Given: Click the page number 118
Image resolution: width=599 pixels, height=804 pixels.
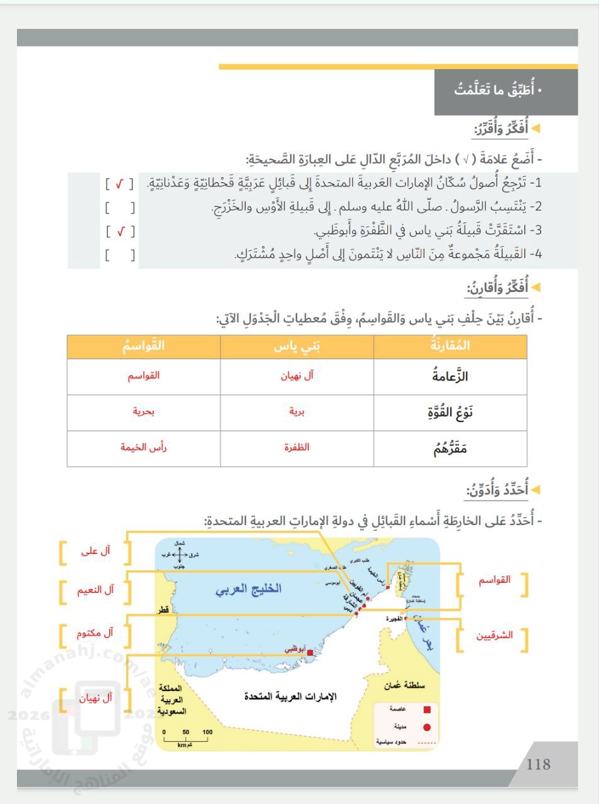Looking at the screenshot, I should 539,764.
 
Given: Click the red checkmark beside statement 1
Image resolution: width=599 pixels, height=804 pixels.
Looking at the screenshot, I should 119,183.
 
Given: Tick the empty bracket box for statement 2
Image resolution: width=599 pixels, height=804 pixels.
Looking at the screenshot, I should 119,207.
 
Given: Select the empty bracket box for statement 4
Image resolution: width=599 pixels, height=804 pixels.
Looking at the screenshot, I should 119,255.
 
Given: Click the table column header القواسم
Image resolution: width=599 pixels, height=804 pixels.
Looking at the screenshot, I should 144,346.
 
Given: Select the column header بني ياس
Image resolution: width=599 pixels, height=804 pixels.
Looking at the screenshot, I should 297,346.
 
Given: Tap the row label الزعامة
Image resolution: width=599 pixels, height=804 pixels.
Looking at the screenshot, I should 450,376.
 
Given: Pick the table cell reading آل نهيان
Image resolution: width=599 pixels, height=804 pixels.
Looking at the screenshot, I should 297,376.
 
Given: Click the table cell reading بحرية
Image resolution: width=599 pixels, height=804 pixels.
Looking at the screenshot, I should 144,411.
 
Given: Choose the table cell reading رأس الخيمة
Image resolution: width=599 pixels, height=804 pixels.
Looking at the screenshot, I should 144,447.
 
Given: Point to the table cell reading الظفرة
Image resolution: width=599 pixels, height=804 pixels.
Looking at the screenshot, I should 297,447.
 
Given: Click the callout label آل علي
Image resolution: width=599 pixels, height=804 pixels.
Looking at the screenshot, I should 95,551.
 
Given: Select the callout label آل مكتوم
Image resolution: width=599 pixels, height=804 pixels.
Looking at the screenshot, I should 95,633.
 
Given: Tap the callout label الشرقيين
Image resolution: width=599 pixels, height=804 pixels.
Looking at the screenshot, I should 494,635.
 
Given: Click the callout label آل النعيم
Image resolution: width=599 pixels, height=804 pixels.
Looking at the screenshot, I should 95,590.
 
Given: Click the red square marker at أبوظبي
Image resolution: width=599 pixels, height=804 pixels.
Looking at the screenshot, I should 310,654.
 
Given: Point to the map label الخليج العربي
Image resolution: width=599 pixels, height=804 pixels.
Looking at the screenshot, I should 249,590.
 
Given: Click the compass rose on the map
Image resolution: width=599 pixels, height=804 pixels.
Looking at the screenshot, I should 179,555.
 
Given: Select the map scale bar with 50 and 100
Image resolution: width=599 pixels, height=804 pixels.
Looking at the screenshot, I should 186,739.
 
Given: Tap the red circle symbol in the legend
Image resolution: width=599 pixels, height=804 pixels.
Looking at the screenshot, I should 427,727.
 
